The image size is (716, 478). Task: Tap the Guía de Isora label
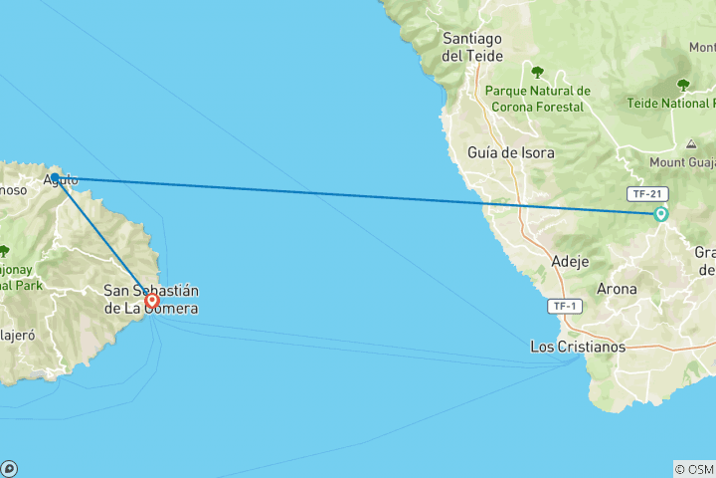click(511, 153)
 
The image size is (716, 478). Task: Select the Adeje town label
click(570, 262)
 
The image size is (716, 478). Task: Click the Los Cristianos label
click(578, 347)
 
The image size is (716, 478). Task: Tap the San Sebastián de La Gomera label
click(151, 300)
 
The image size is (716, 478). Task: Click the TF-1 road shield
click(565, 307)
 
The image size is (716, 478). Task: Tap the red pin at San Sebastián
click(151, 300)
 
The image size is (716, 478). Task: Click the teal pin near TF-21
click(660, 214)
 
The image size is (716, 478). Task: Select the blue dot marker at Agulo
click(56, 179)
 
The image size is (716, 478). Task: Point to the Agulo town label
click(61, 180)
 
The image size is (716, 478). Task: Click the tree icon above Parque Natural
click(538, 72)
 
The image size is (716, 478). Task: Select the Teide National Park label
click(671, 103)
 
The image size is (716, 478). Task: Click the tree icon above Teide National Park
click(683, 85)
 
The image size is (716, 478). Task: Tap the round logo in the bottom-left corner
click(9, 468)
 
